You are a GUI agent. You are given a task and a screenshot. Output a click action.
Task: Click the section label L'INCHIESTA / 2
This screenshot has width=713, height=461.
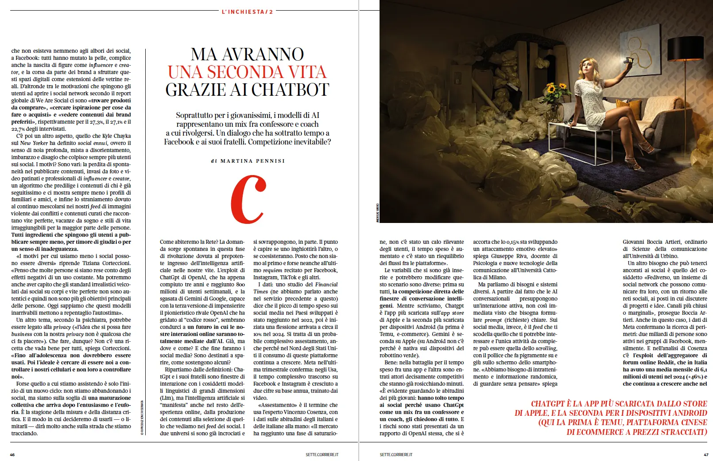pyautogui.click(x=247, y=12)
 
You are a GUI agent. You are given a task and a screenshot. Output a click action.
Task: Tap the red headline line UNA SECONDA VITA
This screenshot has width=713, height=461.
pyautogui.click(x=247, y=72)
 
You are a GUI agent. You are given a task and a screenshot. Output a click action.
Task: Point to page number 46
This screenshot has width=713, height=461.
pyautogui.click(x=12, y=454)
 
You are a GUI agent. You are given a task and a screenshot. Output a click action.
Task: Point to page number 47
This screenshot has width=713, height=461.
pyautogui.click(x=706, y=454)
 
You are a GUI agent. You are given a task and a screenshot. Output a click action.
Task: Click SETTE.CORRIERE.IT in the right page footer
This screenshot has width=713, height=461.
pyautogui.click(x=396, y=454)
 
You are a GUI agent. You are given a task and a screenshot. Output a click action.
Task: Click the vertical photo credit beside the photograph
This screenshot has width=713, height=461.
pyautogui.click(x=377, y=213)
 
